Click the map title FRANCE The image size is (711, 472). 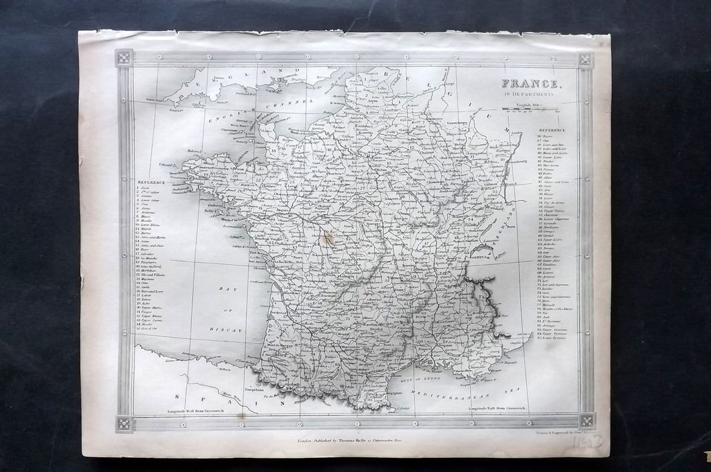coord(530,84)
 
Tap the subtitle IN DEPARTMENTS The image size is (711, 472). coord(530,94)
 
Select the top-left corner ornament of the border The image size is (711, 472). coord(124,58)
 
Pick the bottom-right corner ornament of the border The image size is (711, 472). coord(586,420)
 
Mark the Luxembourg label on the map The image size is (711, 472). coord(452,122)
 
